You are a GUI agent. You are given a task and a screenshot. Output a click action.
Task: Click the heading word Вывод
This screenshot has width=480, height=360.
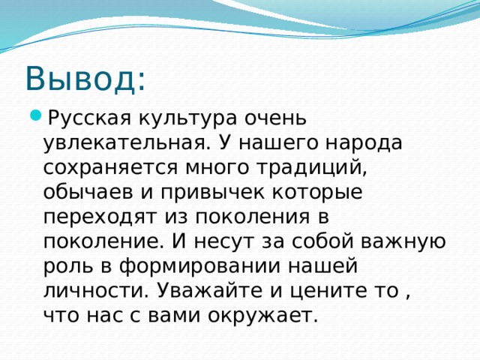(x=85, y=78)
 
